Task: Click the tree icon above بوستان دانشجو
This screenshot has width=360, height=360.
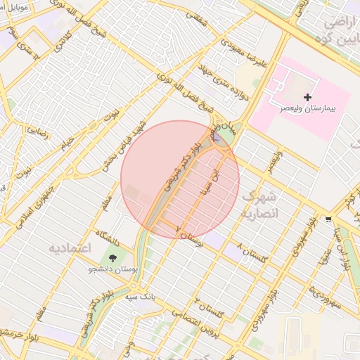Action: [115, 257]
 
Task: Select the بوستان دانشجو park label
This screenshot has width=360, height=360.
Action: [115, 269]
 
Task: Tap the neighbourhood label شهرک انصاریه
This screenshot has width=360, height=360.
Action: [259, 203]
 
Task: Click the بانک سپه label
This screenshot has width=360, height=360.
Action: [140, 296]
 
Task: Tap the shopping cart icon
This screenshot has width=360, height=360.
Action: [328, 220]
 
